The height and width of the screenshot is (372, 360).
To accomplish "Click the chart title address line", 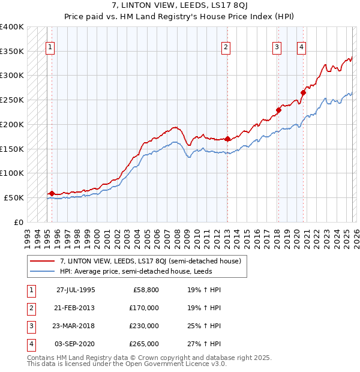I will tap(180, 6).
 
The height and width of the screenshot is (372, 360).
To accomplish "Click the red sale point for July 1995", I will tap(52, 193).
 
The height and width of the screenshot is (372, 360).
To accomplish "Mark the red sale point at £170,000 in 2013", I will tap(227, 139).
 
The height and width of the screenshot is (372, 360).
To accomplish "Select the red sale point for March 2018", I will tap(278, 110).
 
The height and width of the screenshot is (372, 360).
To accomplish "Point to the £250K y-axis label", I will tap(12, 100).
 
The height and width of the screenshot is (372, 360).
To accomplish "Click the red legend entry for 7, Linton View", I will tap(150, 261).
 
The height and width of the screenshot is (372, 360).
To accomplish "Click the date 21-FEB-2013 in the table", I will tap(76, 308).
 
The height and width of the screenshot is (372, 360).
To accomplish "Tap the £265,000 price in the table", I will tap(144, 344).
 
